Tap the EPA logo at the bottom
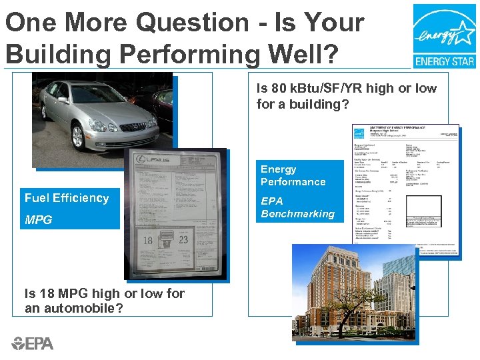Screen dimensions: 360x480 [32, 343]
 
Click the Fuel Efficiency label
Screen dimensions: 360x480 [66, 198]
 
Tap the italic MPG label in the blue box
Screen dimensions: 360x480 [38, 220]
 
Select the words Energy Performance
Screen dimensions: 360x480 [293, 175]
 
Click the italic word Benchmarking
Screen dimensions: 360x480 [297, 214]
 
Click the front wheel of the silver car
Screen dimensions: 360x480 [78, 136]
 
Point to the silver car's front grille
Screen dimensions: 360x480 [132, 127]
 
